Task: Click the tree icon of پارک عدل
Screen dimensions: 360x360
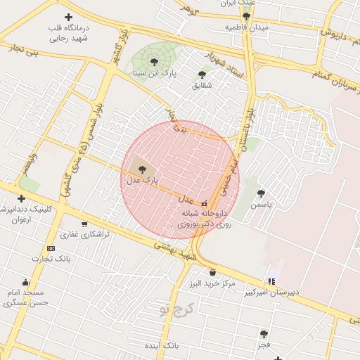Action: click(x=143, y=169)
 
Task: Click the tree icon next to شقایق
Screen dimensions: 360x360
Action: click(x=202, y=74)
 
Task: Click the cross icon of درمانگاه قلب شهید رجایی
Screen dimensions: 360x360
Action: click(x=68, y=17)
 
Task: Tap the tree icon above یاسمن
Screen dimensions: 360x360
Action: click(x=262, y=193)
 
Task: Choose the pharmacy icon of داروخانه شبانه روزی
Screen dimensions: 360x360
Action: click(x=204, y=204)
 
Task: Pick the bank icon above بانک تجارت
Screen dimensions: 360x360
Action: click(x=51, y=248)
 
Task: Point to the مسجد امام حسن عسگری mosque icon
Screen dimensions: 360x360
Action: click(x=26, y=282)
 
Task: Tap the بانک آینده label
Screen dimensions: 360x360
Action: click(x=163, y=347)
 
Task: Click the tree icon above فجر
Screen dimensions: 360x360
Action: click(x=264, y=334)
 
